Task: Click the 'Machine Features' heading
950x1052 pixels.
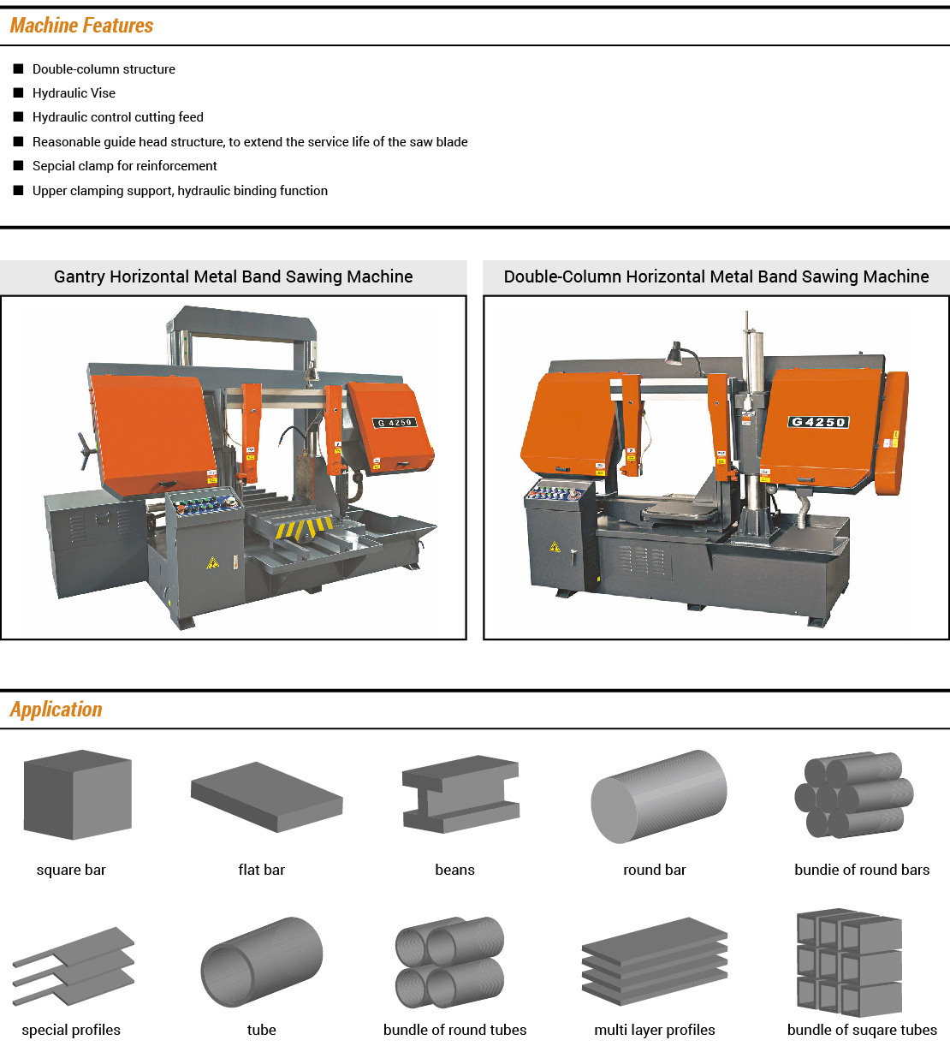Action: (81, 26)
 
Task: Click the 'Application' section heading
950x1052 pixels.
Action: (56, 710)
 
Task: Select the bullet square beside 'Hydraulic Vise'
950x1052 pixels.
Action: (18, 92)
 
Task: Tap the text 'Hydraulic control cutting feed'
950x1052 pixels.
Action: (118, 117)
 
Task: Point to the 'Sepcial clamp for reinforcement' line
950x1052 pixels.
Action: (125, 166)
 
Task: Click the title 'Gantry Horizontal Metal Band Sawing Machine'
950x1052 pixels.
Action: (233, 276)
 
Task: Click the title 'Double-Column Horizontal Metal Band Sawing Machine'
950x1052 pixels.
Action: (716, 276)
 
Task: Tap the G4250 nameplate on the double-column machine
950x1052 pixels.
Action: (818, 422)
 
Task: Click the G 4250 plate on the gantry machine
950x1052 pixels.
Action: (395, 423)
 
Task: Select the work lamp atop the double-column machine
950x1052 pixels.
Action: (675, 354)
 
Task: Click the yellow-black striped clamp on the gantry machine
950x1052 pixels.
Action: (305, 528)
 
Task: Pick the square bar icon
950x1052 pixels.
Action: (77, 794)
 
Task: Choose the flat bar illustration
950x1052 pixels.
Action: (266, 796)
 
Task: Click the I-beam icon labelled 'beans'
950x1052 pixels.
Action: (460, 794)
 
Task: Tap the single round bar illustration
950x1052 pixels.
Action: (658, 797)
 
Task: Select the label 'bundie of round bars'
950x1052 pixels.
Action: (862, 870)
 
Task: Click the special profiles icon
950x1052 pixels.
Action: (74, 966)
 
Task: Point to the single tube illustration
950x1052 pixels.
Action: (262, 962)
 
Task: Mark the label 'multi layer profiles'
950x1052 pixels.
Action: (655, 1030)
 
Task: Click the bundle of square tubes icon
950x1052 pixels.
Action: (849, 963)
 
